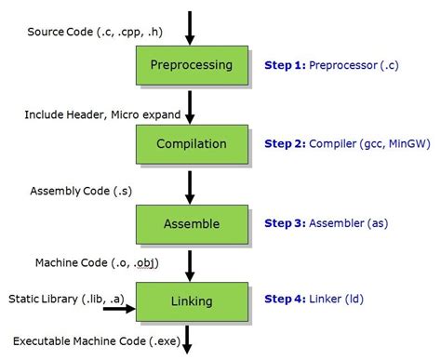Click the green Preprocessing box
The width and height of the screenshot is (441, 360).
(x=193, y=66)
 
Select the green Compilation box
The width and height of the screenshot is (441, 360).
(x=193, y=144)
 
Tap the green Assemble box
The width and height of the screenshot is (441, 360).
(x=193, y=223)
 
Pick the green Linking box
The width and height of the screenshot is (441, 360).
(x=193, y=300)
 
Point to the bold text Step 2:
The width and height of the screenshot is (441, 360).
(x=286, y=145)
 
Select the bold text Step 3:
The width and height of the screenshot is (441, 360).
(x=286, y=223)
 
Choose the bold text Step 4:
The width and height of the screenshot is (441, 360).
(x=286, y=300)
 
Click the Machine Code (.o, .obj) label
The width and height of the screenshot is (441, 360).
(x=97, y=263)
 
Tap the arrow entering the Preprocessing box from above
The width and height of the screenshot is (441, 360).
(x=191, y=28)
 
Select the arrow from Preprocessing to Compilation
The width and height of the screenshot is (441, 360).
(x=191, y=105)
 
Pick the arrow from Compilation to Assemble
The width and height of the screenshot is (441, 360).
(x=191, y=184)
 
